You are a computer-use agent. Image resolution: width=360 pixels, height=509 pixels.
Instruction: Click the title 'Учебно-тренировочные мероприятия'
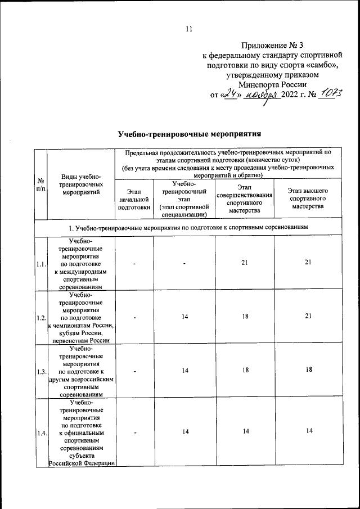pyautogui.click(x=190, y=134)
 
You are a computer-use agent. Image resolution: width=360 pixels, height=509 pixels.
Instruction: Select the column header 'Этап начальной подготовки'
pyautogui.click(x=133, y=199)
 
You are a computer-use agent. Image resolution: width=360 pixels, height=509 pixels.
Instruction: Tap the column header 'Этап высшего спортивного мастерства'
pyautogui.click(x=308, y=199)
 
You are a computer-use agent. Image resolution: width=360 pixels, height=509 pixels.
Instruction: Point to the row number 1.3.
pyautogui.click(x=40, y=372)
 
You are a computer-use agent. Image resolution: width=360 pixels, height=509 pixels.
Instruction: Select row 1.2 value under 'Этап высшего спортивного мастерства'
pyautogui.click(x=308, y=317)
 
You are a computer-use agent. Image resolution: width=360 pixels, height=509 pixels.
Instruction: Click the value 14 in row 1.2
pyautogui.click(x=184, y=317)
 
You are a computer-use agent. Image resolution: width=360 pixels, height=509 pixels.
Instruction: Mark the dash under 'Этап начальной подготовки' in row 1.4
pyautogui.click(x=135, y=432)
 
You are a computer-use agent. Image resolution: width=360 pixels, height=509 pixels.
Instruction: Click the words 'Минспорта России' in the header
pyautogui.click(x=272, y=83)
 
